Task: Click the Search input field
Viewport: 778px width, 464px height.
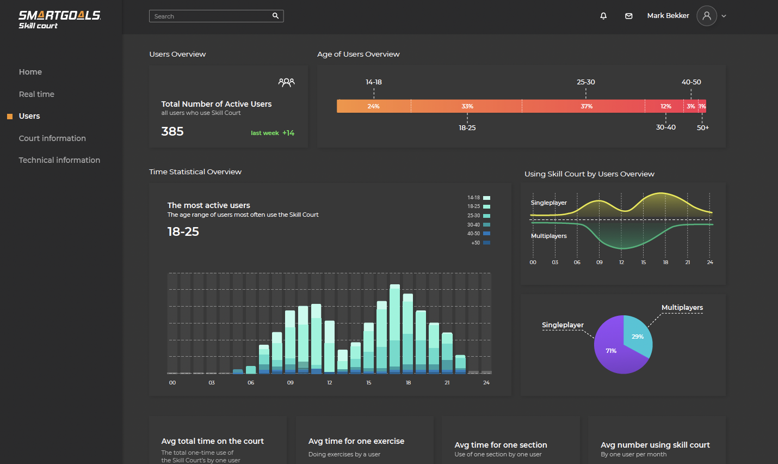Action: pyautogui.click(x=212, y=16)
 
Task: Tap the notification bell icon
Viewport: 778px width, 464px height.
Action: pyautogui.click(x=603, y=16)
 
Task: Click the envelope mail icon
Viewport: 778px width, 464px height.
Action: pyautogui.click(x=629, y=16)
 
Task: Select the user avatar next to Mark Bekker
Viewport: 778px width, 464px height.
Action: pyautogui.click(x=707, y=16)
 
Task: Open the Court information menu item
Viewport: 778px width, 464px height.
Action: pyautogui.click(x=52, y=138)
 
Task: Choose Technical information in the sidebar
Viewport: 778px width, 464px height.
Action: pyautogui.click(x=59, y=160)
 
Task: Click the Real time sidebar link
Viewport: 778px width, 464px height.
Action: pyautogui.click(x=36, y=94)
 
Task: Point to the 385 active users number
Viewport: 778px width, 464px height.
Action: pyautogui.click(x=172, y=131)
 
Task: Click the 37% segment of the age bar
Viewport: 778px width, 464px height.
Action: pyautogui.click(x=586, y=106)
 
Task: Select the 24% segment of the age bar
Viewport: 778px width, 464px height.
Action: pyautogui.click(x=373, y=106)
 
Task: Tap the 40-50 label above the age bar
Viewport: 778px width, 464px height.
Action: pyautogui.click(x=691, y=82)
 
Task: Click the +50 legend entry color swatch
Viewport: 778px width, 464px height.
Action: pyautogui.click(x=486, y=243)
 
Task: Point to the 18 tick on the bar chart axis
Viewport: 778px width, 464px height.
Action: pyautogui.click(x=408, y=383)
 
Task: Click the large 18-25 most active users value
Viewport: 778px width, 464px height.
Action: pyautogui.click(x=183, y=231)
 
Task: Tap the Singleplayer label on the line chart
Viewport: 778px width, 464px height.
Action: pyautogui.click(x=548, y=203)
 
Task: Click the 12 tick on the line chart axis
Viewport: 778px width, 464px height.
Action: pyautogui.click(x=621, y=262)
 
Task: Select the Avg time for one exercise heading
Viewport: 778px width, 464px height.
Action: pyautogui.click(x=356, y=441)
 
